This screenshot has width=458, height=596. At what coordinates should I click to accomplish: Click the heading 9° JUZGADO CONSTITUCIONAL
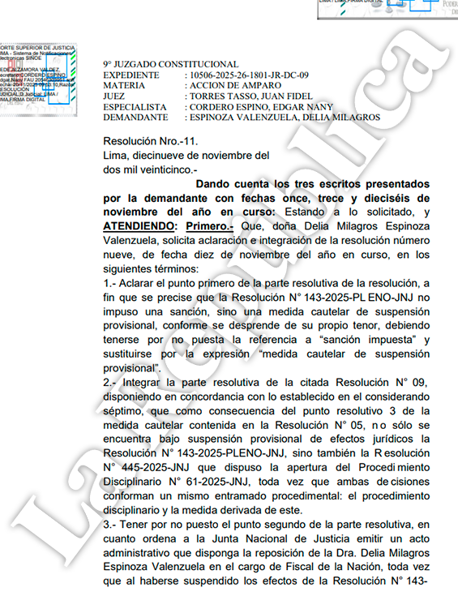pos(170,64)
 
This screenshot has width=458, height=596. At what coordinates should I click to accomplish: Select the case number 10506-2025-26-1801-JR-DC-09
pos(251,75)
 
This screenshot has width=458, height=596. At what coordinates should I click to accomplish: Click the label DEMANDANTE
pos(135,117)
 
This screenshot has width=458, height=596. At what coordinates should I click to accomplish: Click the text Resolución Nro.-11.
pos(144,140)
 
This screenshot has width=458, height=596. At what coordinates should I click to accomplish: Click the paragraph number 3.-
pos(112,525)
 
